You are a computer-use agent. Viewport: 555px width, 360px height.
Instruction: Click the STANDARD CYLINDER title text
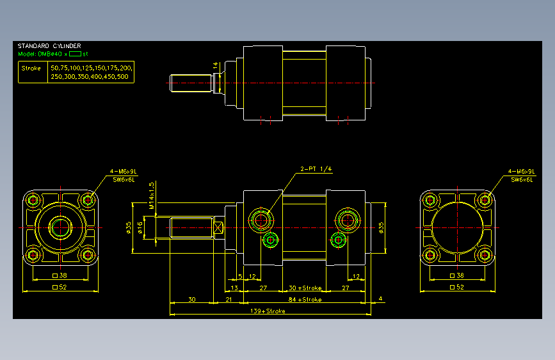coord(49,46)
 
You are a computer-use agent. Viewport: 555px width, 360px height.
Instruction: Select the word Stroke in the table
coord(31,68)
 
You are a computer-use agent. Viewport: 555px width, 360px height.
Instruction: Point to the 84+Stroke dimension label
coord(305,299)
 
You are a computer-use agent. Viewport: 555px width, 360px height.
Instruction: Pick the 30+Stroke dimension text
coord(305,288)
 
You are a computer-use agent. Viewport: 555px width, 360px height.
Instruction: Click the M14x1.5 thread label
coord(152,195)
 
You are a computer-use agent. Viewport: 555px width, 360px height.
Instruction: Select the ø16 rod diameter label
coord(139,227)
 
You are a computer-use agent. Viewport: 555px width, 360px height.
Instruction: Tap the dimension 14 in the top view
coord(216,65)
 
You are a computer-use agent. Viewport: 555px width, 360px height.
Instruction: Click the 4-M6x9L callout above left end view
coord(123,172)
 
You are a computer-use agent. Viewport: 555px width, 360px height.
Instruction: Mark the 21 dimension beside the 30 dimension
coord(227,299)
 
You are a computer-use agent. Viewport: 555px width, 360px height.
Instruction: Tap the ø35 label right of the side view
coord(382,227)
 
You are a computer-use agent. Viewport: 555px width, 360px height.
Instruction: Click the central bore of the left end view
coord(61,227)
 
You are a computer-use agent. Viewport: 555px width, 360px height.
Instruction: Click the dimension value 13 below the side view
coord(234,288)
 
